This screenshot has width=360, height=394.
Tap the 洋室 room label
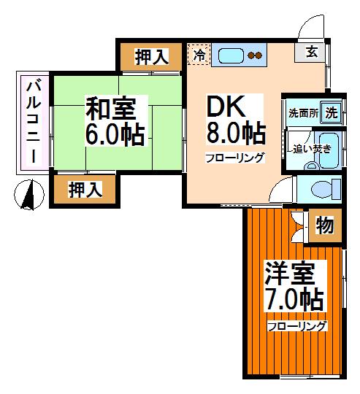click(291, 274)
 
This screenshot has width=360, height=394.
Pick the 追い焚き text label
click(311, 148)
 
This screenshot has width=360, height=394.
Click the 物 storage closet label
click(325, 226)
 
